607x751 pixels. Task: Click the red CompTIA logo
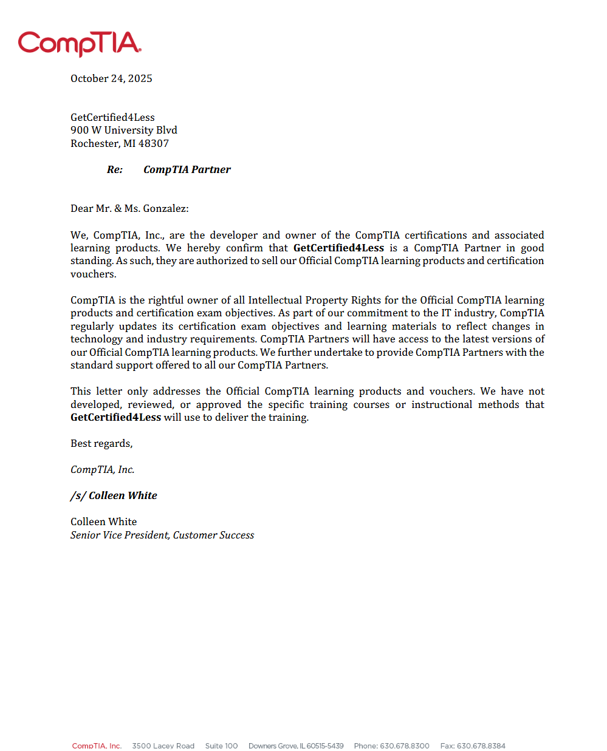tap(80, 44)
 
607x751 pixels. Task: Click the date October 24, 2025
tap(111, 78)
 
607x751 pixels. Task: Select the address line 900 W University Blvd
tap(124, 130)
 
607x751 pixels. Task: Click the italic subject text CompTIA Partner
tap(187, 169)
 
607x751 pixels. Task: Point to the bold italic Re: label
tap(115, 169)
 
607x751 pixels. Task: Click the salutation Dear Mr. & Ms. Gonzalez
tap(129, 208)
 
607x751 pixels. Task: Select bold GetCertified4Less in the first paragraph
tap(338, 248)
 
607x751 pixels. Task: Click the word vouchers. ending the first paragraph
tap(93, 274)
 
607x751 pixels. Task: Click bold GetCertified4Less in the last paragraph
tap(115, 417)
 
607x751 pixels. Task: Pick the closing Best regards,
tap(101, 443)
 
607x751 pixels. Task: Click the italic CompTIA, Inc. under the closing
tap(102, 469)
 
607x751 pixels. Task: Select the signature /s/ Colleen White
tap(114, 495)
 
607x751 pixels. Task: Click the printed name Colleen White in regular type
tap(103, 522)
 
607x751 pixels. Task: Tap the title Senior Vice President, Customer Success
tap(162, 535)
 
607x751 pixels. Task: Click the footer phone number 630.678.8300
tap(405, 746)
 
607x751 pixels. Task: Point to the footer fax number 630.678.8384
tap(481, 746)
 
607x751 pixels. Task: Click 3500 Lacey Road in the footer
tap(163, 746)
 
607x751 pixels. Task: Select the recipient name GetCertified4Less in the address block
tap(112, 117)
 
